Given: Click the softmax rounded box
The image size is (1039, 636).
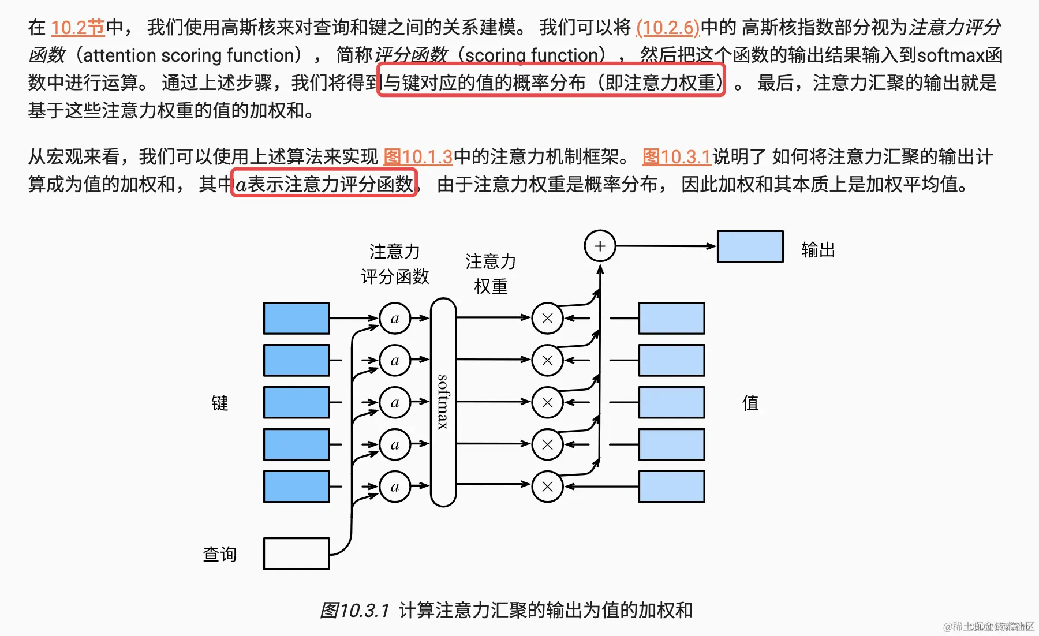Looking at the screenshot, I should (443, 402).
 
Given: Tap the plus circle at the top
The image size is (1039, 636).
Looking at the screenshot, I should (600, 246).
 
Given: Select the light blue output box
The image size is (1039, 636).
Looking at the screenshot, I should (750, 246).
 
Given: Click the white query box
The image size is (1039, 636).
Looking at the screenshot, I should (296, 553).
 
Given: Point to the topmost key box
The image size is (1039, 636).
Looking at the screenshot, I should (296, 318).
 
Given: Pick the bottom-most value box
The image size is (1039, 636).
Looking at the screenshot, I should (671, 487).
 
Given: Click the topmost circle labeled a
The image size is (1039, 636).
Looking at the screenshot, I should (395, 318).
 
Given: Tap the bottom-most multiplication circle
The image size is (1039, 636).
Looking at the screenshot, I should (547, 487).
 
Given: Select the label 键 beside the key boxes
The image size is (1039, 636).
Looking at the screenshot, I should (219, 403).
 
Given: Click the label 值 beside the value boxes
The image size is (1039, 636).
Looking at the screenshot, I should (750, 403).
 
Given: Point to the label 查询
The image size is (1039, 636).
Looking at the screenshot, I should (219, 554).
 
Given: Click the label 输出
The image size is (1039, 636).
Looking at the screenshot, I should (817, 250).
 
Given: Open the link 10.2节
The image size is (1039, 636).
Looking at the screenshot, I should (78, 27).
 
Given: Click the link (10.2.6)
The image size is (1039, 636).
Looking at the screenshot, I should (668, 27).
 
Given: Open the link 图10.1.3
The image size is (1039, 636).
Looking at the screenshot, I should (418, 156).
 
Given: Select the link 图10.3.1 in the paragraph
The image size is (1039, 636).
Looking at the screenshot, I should (677, 156).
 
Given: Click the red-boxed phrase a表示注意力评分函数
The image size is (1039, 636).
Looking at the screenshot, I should (324, 184).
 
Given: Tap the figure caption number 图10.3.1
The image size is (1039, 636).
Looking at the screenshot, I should (354, 610).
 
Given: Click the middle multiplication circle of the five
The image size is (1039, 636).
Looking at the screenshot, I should (547, 402).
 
